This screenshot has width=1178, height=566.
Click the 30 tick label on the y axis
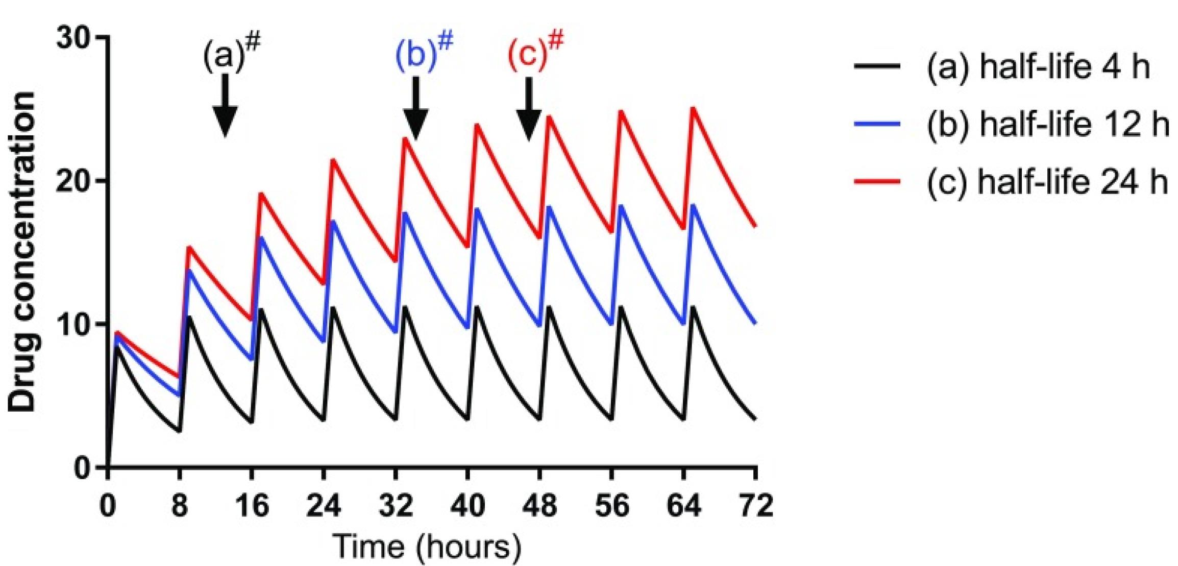[75, 38]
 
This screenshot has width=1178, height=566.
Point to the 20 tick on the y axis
[75, 181]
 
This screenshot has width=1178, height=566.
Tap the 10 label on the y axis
[75, 325]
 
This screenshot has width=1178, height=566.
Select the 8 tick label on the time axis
[179, 506]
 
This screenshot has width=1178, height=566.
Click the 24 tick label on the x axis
[324, 506]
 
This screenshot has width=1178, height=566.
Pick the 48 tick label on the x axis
[539, 506]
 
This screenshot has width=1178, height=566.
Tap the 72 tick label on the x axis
[756, 506]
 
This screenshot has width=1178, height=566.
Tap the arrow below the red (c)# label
[529, 109]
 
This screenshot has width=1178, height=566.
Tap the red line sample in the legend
[877, 181]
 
